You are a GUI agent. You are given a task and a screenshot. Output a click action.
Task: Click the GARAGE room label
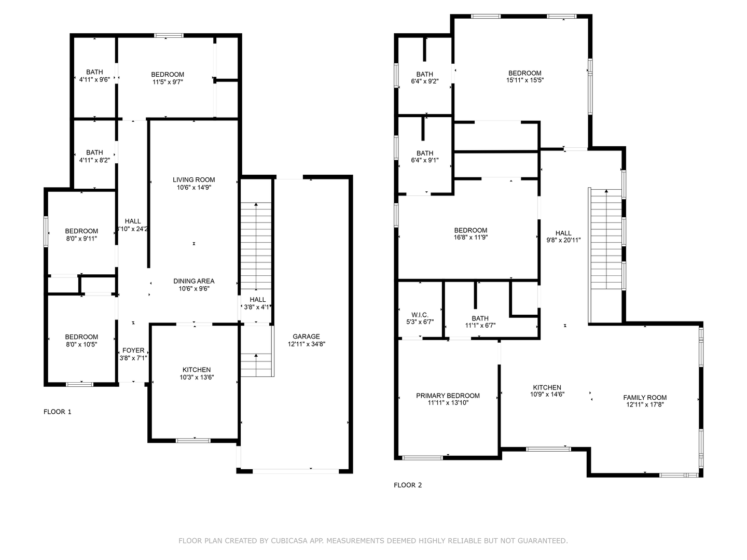(306, 337)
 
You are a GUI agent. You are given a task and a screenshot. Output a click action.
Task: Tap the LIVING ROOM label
(194, 180)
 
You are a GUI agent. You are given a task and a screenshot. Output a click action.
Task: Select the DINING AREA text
(194, 281)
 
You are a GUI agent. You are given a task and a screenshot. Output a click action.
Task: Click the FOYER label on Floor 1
(133, 351)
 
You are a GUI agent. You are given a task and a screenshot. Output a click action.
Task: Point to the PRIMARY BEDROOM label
(448, 396)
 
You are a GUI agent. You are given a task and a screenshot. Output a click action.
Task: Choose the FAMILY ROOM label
(645, 398)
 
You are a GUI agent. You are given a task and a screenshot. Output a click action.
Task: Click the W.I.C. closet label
(420, 315)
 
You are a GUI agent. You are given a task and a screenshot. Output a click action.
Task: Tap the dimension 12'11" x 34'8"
(306, 344)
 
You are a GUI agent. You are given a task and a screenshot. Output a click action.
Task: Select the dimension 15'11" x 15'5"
(524, 80)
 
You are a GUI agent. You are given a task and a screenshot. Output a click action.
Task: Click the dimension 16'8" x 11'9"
(471, 237)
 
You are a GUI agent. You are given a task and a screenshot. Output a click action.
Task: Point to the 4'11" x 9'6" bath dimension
(94, 80)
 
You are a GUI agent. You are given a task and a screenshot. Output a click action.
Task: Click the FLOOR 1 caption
(58, 412)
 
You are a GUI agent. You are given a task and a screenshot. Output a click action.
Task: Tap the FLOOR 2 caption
(408, 485)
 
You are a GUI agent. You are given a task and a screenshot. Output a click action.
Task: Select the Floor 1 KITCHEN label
(197, 370)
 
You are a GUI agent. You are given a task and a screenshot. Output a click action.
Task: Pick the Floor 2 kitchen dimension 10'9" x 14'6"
(547, 395)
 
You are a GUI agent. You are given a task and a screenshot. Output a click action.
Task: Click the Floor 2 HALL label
(563, 233)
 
